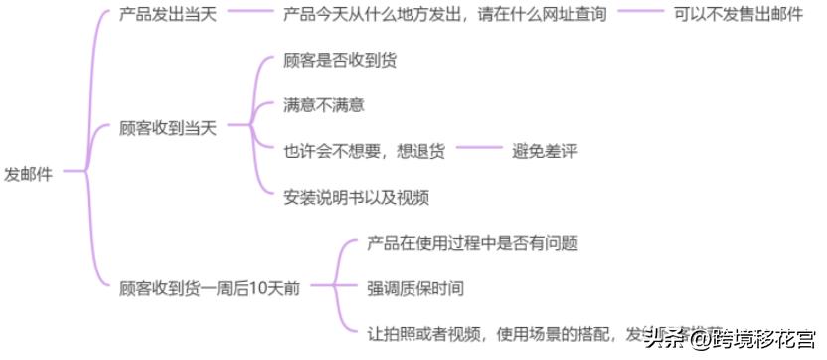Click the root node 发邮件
28,173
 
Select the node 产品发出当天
167,15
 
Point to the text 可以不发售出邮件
738,15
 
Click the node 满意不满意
317,104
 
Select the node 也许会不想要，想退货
364,151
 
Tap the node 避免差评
545,151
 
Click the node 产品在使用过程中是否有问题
472,242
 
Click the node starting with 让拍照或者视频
497,332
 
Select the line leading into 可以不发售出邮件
640,15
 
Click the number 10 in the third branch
255,287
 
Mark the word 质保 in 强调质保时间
414,287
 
